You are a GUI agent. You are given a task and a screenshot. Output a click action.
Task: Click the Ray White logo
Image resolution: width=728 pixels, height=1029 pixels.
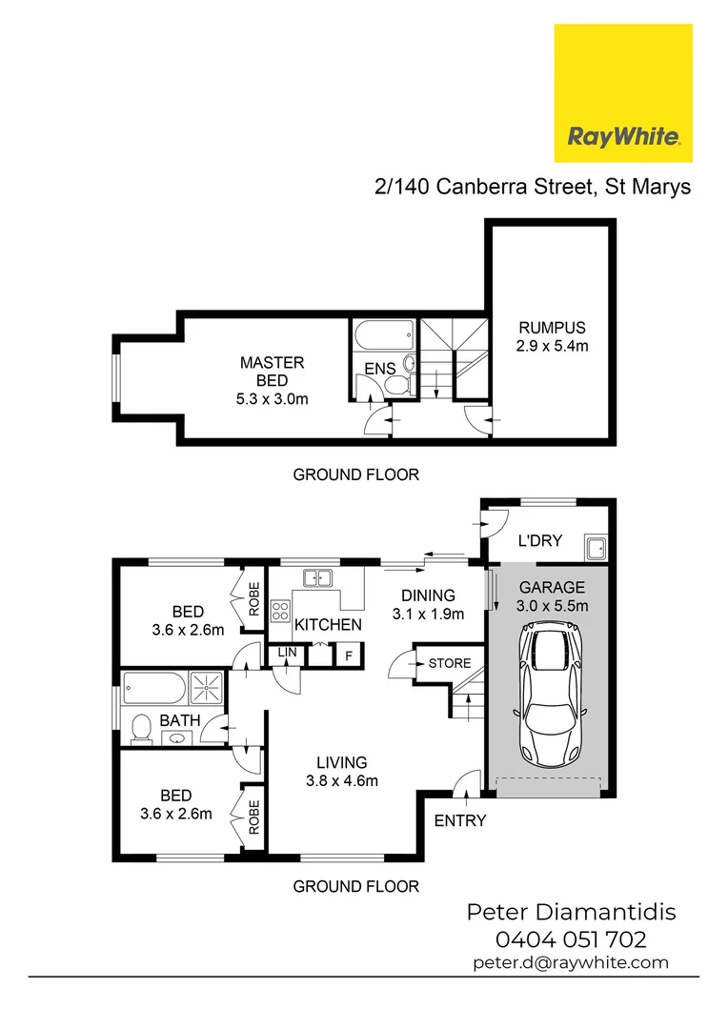(623, 93)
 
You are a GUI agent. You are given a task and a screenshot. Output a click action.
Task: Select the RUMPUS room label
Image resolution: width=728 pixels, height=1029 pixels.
(553, 337)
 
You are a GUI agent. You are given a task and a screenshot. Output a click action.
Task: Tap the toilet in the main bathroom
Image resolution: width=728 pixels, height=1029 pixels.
(140, 730)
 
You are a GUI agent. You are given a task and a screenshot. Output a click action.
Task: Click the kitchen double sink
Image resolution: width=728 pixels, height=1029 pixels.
(316, 577)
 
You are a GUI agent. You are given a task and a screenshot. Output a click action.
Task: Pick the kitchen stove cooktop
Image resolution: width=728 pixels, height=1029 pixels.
(281, 610)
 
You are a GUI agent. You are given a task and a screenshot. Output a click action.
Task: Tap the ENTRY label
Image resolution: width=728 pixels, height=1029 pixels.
(460, 820)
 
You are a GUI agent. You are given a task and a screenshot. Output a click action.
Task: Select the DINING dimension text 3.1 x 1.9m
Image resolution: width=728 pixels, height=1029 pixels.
(428, 615)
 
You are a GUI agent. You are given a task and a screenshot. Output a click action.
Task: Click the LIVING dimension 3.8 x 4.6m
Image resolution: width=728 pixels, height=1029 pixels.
(342, 781)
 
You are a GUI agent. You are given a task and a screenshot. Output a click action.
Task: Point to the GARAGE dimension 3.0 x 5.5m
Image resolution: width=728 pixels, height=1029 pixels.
(553, 606)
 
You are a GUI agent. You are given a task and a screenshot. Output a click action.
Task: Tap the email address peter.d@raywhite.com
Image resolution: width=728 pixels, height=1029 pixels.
(571, 963)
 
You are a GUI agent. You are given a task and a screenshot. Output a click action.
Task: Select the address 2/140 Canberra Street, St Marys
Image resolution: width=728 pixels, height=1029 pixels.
(533, 188)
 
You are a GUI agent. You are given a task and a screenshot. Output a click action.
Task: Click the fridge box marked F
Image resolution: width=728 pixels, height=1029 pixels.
(349, 656)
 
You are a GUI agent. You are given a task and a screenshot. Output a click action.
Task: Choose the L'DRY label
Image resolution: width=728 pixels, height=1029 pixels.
(539, 541)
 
